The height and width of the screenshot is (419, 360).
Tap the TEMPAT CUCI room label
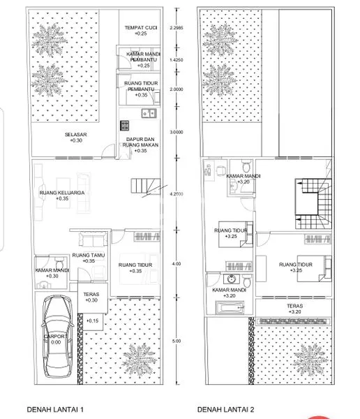pos(140,27)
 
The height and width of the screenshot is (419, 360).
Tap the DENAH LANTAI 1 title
pos(55,409)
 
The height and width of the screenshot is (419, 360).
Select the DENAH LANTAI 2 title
pos(226,409)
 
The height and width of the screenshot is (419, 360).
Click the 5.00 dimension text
pos(176,341)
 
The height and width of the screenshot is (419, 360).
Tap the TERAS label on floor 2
pos(294,306)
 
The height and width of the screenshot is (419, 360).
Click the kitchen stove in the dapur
pos(125,126)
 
